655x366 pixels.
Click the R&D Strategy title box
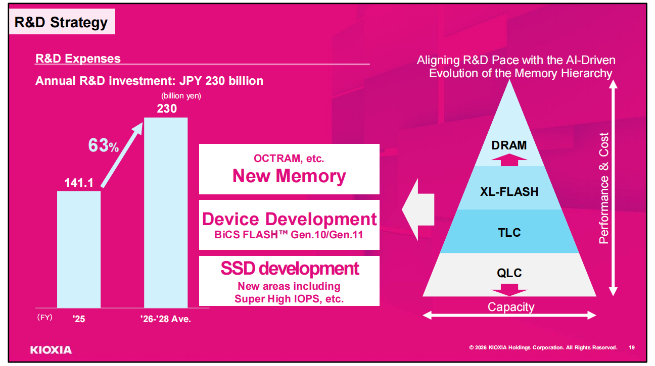(x=62, y=21)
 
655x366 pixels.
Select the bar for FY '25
(x=79, y=249)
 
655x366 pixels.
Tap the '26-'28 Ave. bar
(x=166, y=213)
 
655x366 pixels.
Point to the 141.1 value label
(x=79, y=183)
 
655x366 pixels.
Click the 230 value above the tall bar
(x=167, y=109)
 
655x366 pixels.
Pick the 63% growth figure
(x=104, y=145)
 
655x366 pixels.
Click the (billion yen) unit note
(x=181, y=96)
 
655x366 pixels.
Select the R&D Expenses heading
(x=78, y=59)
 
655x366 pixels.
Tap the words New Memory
(x=289, y=176)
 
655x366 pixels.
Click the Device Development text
(x=289, y=219)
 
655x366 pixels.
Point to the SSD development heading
(x=290, y=269)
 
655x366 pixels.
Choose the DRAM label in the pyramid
(x=509, y=145)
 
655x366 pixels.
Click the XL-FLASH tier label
(x=509, y=192)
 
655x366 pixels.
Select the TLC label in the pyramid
(x=509, y=233)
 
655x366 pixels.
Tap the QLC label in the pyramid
(x=509, y=273)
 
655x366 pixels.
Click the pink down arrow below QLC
(x=509, y=290)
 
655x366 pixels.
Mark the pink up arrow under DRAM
(x=509, y=160)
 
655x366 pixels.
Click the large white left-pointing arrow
(x=418, y=210)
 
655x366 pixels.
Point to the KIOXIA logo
(x=51, y=350)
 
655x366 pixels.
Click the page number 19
(x=632, y=348)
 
